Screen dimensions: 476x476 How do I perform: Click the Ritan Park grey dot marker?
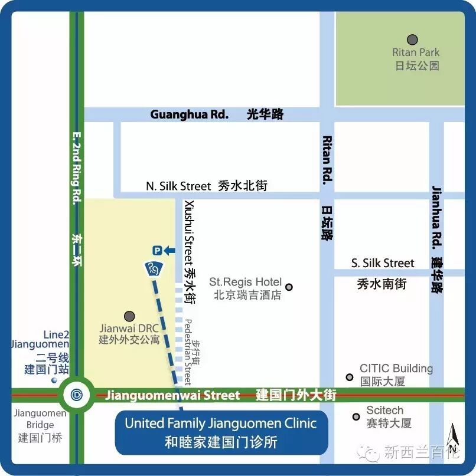pyautogui.click(x=412, y=40)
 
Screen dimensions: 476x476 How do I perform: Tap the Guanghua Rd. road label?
pyautogui.click(x=189, y=114)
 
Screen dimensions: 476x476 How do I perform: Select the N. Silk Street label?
pyautogui.click(x=178, y=186)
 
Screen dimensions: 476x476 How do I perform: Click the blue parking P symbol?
pyautogui.click(x=157, y=251)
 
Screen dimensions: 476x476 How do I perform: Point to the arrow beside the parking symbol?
pyautogui.click(x=169, y=251)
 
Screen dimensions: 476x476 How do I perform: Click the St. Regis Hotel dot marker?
pyautogui.click(x=289, y=287)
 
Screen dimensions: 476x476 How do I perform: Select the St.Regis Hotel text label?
pyautogui.click(x=246, y=283)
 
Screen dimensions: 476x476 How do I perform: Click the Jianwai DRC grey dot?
pyautogui.click(x=129, y=317)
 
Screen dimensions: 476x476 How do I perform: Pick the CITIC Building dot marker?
pyautogui.click(x=350, y=377)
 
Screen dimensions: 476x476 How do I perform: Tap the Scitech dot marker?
pyautogui.click(x=356, y=416)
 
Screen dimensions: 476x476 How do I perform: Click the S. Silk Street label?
pyautogui.click(x=383, y=263)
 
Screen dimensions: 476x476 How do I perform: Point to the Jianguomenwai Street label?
pyautogui.click(x=172, y=395)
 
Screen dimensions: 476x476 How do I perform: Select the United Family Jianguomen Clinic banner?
pyautogui.click(x=221, y=432)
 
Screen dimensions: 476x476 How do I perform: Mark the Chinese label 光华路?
pyautogui.click(x=265, y=114)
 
